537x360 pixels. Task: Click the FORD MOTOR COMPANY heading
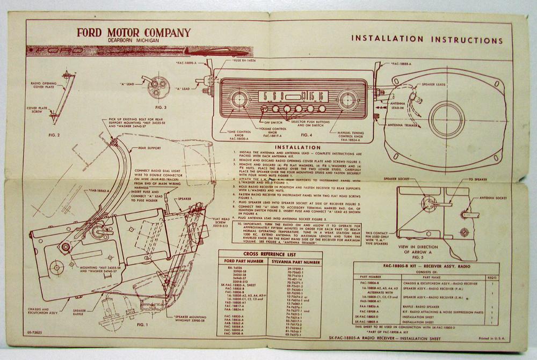tap(133, 33)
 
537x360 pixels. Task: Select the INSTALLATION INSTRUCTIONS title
tap(426, 40)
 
